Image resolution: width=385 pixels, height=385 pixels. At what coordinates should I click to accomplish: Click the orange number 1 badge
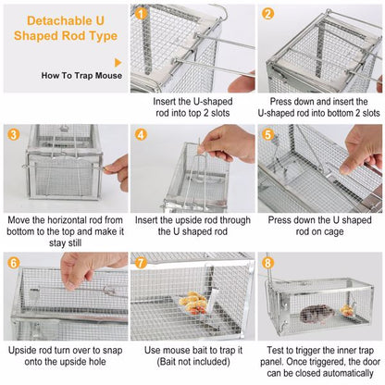click(x=141, y=13)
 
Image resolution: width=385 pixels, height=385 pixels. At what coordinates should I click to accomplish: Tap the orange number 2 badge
click(x=267, y=13)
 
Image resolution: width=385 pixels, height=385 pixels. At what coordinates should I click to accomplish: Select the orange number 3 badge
click(x=13, y=133)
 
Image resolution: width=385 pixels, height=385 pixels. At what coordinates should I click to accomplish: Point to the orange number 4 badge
click(x=141, y=133)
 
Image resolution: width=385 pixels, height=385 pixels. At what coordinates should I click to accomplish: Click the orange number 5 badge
click(x=267, y=133)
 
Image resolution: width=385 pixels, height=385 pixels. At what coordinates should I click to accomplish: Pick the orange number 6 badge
click(x=13, y=261)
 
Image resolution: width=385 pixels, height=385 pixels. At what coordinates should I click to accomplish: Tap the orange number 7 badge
click(x=141, y=261)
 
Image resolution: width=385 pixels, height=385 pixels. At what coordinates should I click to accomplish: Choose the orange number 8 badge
click(x=267, y=261)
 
